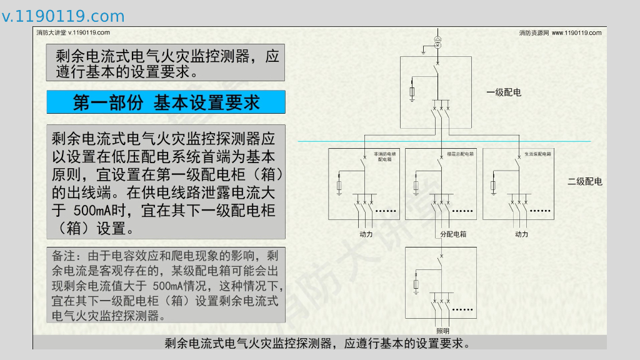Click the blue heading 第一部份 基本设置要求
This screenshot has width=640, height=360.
pos(166,102)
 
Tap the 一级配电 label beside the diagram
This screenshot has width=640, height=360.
pos(504,92)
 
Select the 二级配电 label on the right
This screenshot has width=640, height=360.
pos(584,182)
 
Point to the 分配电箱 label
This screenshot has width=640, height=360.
pos(453,234)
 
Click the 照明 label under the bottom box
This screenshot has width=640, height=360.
pos(442,331)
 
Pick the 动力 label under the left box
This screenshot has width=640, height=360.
pos(366,234)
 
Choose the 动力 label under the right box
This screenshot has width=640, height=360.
pos(521,234)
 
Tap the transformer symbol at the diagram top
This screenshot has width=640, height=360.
pos(438,42)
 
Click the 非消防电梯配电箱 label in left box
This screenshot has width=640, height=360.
pos(384,156)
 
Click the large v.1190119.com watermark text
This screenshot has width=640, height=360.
pos(63,16)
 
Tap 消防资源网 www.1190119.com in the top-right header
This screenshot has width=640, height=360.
pos(560,32)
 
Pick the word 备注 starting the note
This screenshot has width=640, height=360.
pos(63,256)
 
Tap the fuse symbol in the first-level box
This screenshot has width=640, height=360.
pos(412,92)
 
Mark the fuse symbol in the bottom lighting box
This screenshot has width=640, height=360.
pos(417,285)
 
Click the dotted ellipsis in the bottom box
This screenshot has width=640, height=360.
pos(462,309)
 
